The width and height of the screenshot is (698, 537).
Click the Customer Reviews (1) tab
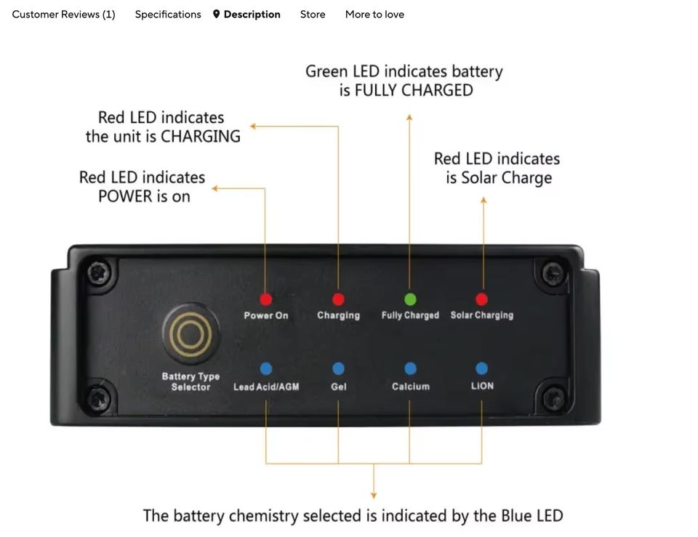click(63, 15)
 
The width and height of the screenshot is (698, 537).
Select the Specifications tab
click(168, 15)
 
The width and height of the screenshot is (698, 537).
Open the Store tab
click(313, 15)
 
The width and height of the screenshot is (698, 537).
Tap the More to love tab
click(374, 15)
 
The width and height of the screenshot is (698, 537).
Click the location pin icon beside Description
click(216, 15)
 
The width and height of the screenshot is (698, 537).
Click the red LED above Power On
click(266, 299)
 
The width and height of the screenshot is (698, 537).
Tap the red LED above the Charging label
click(338, 299)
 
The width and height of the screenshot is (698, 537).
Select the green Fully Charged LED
click(410, 299)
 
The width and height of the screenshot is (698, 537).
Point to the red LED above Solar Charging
click(481, 299)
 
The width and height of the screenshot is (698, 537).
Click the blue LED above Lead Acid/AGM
click(266, 369)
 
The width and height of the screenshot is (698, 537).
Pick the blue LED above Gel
click(338, 369)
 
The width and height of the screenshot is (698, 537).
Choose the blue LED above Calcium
click(410, 369)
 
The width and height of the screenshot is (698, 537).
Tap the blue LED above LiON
click(481, 369)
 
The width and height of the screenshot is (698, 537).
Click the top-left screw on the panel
click(98, 273)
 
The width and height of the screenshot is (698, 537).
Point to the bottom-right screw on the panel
click(553, 397)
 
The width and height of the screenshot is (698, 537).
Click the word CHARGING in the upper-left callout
click(200, 137)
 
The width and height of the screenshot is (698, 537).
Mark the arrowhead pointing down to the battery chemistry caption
click(374, 495)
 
